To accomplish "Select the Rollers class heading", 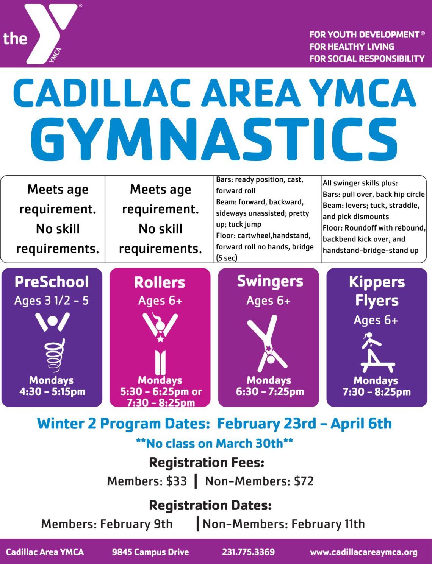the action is click(x=160, y=282).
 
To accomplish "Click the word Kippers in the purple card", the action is click(x=377, y=282).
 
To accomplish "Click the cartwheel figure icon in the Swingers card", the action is click(x=267, y=343).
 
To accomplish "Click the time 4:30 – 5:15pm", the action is click(x=52, y=392).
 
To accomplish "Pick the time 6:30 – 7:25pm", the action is click(x=270, y=392).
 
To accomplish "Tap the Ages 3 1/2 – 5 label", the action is click(x=52, y=301).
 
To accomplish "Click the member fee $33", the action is click(x=176, y=481).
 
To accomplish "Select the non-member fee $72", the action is click(x=304, y=481).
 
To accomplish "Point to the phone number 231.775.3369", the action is click(x=249, y=552).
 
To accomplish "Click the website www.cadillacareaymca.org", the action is click(x=364, y=552).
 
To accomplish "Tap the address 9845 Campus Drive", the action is click(x=150, y=552).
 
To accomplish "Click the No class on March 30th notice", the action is click(x=214, y=444).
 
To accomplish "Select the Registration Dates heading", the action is click(x=210, y=505).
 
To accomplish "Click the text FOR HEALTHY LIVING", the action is click(x=352, y=47).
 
